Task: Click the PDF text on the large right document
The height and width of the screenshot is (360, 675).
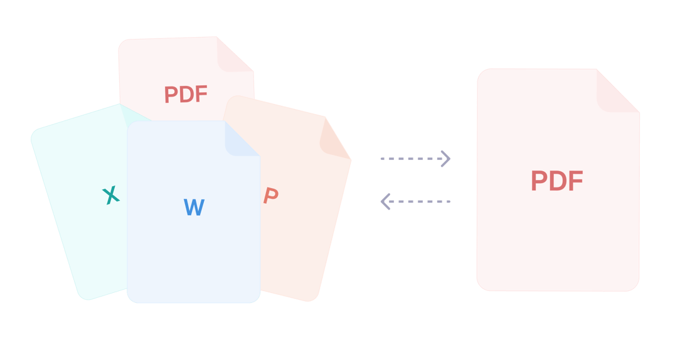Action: click(x=557, y=181)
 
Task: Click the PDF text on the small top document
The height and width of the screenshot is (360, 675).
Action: click(x=186, y=95)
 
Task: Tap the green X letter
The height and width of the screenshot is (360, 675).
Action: click(x=111, y=196)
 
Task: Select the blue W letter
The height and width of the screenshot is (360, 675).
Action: click(x=194, y=208)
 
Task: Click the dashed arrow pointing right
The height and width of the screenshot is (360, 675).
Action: click(x=415, y=159)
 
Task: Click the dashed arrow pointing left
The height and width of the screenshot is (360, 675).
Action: click(x=416, y=201)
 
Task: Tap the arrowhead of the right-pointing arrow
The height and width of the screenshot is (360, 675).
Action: click(x=446, y=159)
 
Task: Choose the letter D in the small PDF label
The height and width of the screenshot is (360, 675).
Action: click(x=186, y=95)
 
